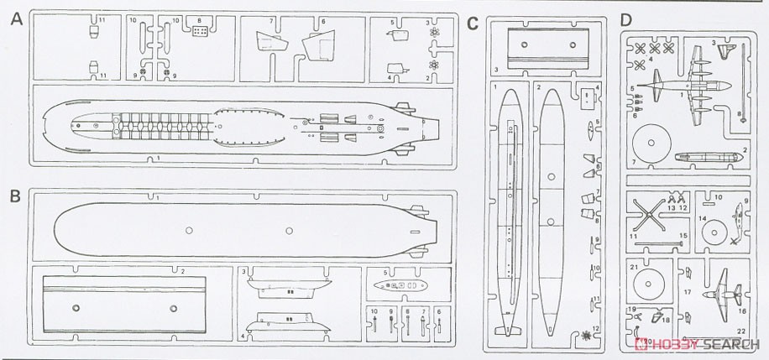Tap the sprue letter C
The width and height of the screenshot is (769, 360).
[473, 21]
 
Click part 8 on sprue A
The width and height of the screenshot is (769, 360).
[200, 32]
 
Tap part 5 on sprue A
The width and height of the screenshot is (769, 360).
[393, 34]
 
